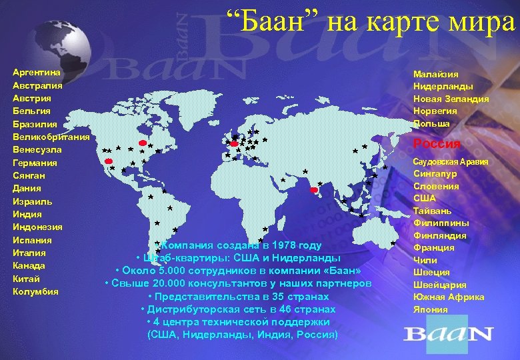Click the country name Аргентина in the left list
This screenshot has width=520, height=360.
click(x=37, y=72)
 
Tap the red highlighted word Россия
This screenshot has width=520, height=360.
click(x=437, y=144)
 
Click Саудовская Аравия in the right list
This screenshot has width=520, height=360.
click(x=451, y=162)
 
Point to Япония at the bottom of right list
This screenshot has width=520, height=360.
click(x=431, y=310)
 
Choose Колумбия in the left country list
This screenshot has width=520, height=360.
click(x=35, y=291)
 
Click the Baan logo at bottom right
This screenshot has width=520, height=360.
click(x=448, y=333)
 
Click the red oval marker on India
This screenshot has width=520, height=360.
click(x=313, y=191)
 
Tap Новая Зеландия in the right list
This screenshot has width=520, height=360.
click(x=451, y=99)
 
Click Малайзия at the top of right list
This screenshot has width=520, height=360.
click(x=436, y=74)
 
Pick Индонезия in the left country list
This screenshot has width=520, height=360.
click(x=37, y=227)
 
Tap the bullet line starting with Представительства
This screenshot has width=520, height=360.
click(x=238, y=297)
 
